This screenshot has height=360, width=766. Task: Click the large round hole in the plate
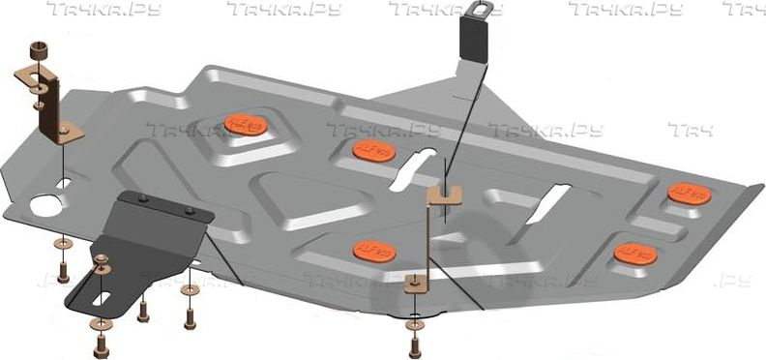coord(43,205)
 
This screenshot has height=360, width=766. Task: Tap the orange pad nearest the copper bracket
coord(242,125)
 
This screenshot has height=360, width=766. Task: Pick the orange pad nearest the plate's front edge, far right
coord(633,253)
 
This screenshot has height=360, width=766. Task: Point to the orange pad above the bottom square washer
coord(372,250)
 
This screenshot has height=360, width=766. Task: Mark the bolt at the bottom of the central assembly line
coord(414,343)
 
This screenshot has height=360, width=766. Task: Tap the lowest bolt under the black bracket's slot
coord(101,345)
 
